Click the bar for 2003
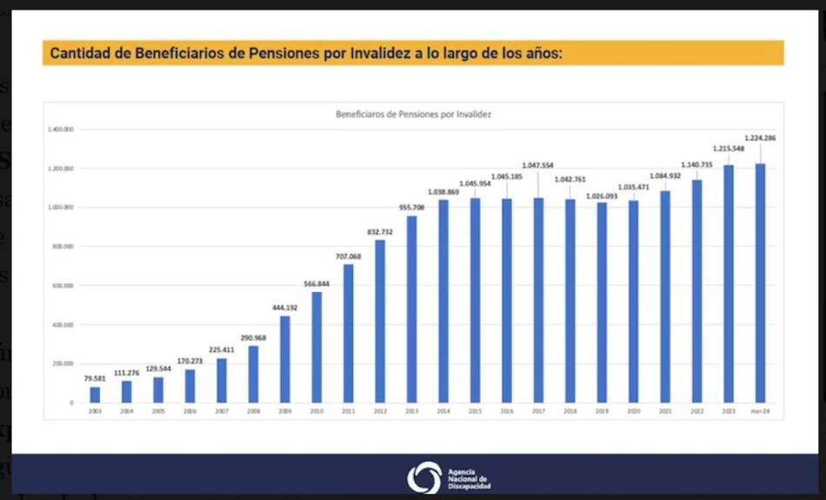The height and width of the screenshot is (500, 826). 95,395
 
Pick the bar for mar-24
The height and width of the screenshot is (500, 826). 760,283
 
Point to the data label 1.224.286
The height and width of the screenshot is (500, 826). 760,138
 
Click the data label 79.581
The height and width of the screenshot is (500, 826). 95,378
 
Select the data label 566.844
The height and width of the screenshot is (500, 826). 316,283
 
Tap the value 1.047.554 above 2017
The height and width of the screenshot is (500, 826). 537,165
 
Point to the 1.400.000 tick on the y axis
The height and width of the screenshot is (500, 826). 62,130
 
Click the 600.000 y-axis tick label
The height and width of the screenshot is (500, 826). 63,285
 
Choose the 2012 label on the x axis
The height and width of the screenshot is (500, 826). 380,410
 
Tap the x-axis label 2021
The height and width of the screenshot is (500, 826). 665,410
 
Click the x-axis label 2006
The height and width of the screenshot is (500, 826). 190,410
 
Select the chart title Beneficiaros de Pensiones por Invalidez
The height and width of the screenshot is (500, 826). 413,114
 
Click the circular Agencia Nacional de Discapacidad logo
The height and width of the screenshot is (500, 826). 424,477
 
